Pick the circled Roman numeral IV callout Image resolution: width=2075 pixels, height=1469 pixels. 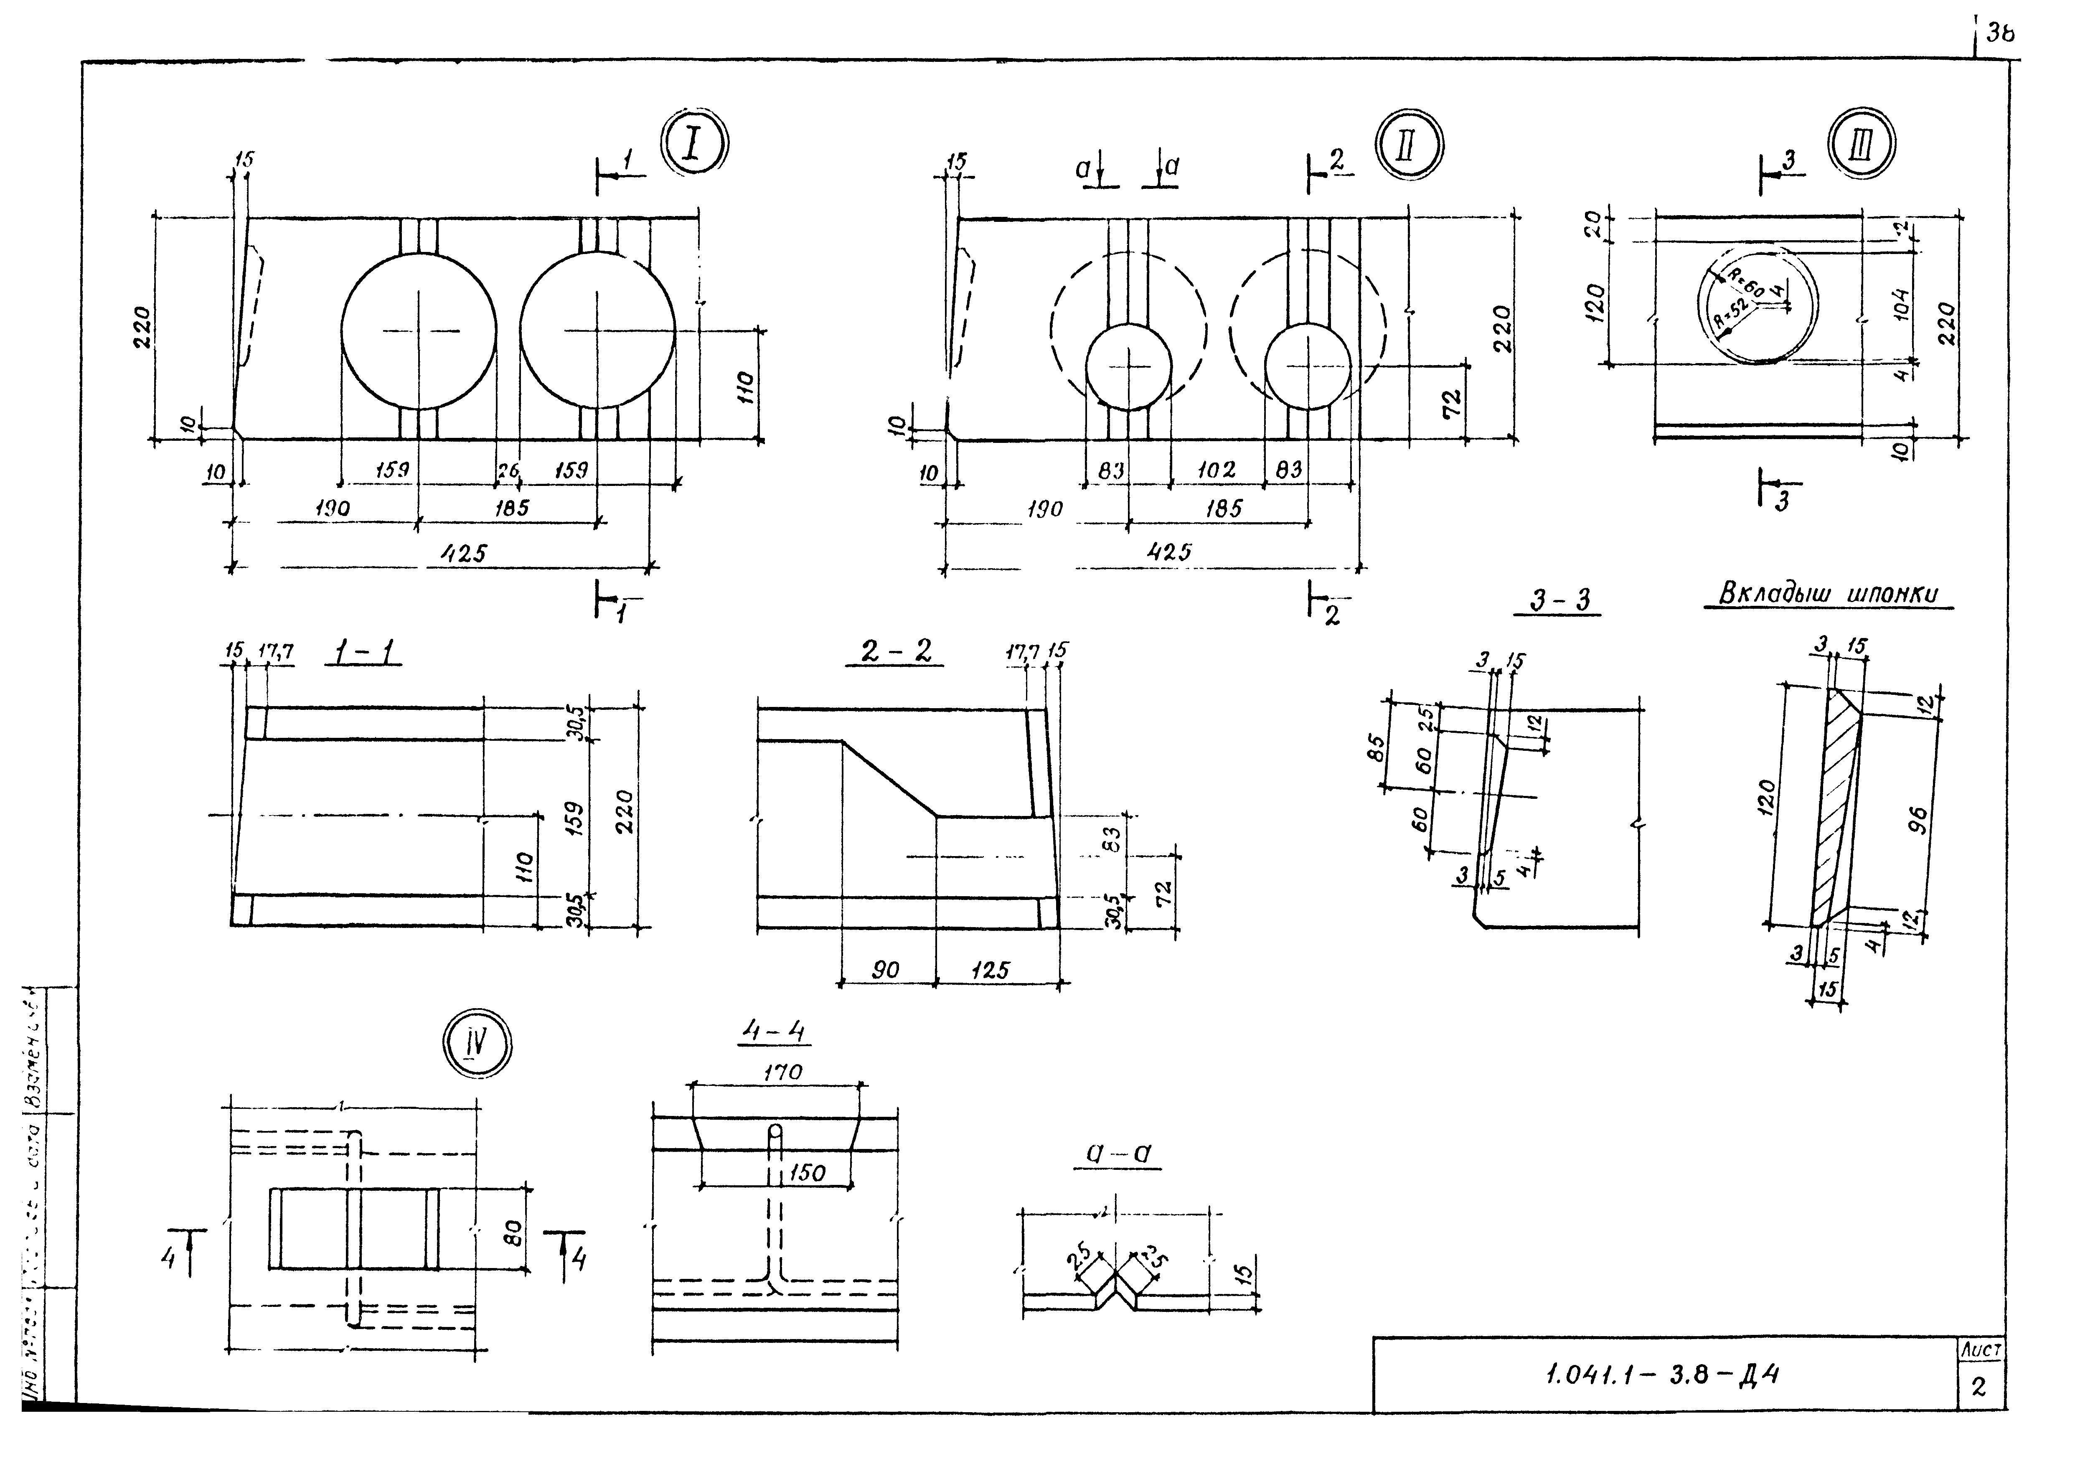(x=477, y=1043)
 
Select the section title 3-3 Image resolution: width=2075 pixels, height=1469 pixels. (x=1559, y=601)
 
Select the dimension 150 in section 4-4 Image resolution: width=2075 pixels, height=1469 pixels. (x=807, y=1173)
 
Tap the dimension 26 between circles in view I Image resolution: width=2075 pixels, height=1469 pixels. (x=508, y=470)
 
